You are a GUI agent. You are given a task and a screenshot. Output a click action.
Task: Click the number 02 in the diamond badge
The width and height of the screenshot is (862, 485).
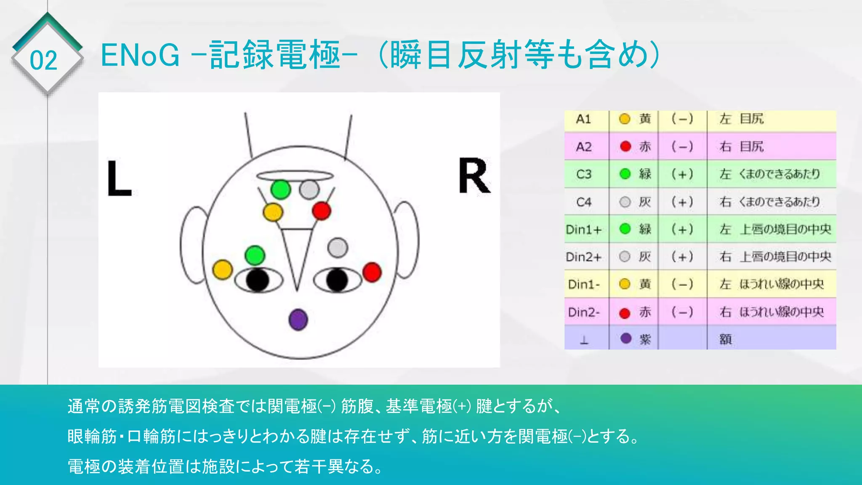[x=43, y=61]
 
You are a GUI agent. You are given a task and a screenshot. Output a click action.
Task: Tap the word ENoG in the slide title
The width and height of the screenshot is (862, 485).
[x=140, y=56]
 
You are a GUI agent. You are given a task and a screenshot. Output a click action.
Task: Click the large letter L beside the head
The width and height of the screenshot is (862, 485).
[x=119, y=178]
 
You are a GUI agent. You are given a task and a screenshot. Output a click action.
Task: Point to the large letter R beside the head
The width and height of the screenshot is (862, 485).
[x=474, y=176]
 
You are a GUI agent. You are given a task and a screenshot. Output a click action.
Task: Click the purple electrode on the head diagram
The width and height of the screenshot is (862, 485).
[x=298, y=320]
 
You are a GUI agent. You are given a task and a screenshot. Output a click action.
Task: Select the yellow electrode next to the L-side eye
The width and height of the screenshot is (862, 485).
[x=223, y=269]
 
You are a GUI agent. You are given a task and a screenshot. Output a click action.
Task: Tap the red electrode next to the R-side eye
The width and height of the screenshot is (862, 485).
[x=372, y=272]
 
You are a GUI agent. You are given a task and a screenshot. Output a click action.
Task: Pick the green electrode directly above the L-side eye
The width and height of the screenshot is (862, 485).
[x=255, y=255]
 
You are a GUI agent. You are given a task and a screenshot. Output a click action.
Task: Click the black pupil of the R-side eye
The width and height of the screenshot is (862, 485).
[x=337, y=280]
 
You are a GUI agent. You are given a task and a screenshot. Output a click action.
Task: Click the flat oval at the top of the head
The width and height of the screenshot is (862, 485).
[x=295, y=176]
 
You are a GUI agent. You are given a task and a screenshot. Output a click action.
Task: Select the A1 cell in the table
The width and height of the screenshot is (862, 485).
[x=583, y=120]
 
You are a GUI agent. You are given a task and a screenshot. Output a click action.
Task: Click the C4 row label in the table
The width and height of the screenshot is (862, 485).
[x=584, y=202]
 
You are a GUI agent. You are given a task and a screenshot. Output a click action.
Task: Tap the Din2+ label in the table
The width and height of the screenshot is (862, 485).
[x=584, y=257]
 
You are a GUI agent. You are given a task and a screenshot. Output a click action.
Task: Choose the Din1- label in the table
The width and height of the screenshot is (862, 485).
[x=584, y=285]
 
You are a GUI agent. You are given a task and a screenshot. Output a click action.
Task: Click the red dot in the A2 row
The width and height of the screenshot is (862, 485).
[x=625, y=147]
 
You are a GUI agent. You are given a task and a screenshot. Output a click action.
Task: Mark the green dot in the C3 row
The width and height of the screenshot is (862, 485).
[x=625, y=174]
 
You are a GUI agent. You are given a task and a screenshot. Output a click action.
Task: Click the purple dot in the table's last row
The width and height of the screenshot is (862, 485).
[x=626, y=338]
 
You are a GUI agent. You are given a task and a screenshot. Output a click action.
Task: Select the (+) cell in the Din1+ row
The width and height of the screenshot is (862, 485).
[x=682, y=229]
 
